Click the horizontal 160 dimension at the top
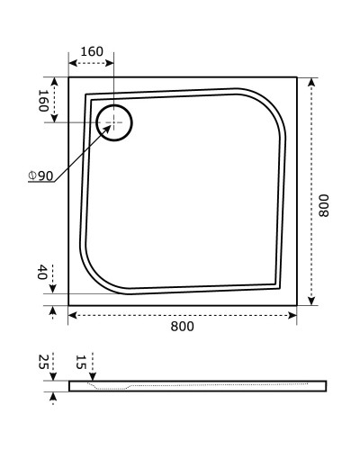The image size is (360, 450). point(91,51)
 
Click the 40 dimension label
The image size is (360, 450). point(42,274)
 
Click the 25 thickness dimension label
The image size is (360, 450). point(42,363)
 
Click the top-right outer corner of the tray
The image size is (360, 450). point(297,76)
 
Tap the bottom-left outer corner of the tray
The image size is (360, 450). point(69,306)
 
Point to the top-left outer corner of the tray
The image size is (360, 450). point(69,76)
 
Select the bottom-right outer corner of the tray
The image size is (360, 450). point(297,306)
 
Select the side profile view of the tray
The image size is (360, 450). point(198,386)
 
